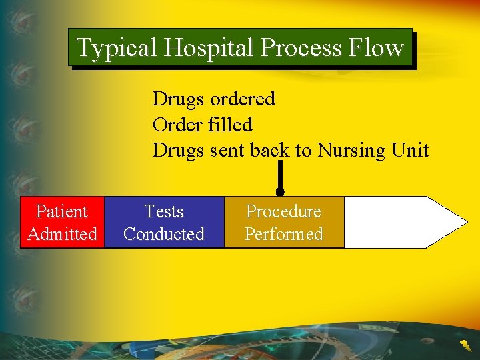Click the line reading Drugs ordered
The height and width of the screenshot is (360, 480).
click(x=213, y=99)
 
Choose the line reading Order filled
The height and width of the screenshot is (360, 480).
click(x=202, y=125)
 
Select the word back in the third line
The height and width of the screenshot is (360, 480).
click(x=271, y=151)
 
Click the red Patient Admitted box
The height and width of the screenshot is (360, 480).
click(x=62, y=222)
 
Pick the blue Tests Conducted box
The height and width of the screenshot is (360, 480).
click(x=164, y=222)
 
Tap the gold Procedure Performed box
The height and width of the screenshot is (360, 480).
click(x=284, y=222)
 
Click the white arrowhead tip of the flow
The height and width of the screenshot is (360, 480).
click(x=460, y=222)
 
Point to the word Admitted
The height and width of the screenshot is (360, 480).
click(x=62, y=234)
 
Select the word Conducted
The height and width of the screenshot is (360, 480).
click(x=164, y=234)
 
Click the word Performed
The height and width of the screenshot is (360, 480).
click(x=284, y=234)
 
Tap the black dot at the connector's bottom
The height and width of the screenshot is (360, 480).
click(x=280, y=192)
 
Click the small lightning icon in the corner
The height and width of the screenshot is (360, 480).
click(x=464, y=345)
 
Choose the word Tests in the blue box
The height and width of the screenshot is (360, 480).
click(x=164, y=211)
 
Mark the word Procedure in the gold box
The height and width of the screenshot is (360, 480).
click(x=284, y=211)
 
